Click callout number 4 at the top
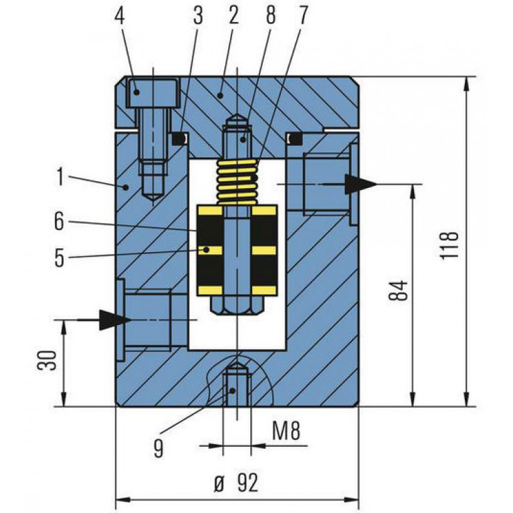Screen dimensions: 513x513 (120, 15)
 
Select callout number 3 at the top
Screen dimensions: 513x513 (198, 15)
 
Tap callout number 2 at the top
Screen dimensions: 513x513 (233, 15)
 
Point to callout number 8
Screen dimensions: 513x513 (271, 15)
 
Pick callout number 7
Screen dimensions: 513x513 (303, 15)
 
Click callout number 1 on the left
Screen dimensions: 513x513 (60, 177)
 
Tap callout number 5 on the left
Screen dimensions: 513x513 (60, 258)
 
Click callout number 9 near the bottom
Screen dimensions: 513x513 (159, 449)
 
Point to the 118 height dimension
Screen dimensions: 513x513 (449, 245)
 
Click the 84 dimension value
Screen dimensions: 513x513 (399, 290)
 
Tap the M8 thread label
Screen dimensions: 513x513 (286, 431)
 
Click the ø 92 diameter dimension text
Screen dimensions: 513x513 (236, 483)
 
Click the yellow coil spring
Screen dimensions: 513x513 (237, 182)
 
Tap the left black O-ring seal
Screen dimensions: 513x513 (179, 138)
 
